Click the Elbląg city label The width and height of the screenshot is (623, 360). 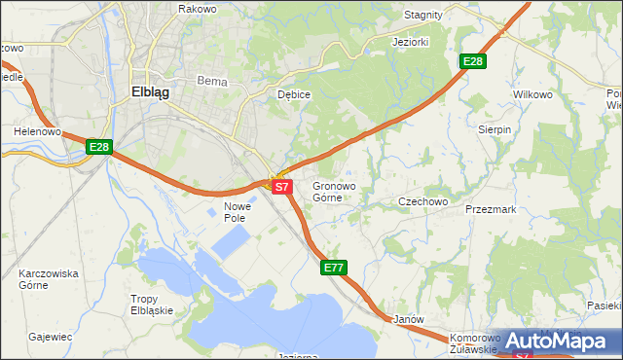(x=150, y=92)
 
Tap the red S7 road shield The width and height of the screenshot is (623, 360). (x=281, y=185)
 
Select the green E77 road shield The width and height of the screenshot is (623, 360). (x=334, y=267)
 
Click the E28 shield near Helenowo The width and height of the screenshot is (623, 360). (x=98, y=147)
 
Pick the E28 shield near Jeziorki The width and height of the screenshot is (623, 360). (x=473, y=61)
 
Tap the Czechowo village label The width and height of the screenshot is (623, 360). (x=422, y=201)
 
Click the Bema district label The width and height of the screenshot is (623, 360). (x=211, y=82)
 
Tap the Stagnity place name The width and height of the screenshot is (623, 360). (x=422, y=16)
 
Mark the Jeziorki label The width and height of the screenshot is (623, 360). (x=411, y=43)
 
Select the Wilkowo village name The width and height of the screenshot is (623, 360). (x=531, y=94)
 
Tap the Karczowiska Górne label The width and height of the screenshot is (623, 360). (x=47, y=279)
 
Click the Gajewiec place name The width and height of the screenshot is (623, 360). (x=52, y=337)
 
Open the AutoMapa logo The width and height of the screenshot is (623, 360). (x=557, y=341)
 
